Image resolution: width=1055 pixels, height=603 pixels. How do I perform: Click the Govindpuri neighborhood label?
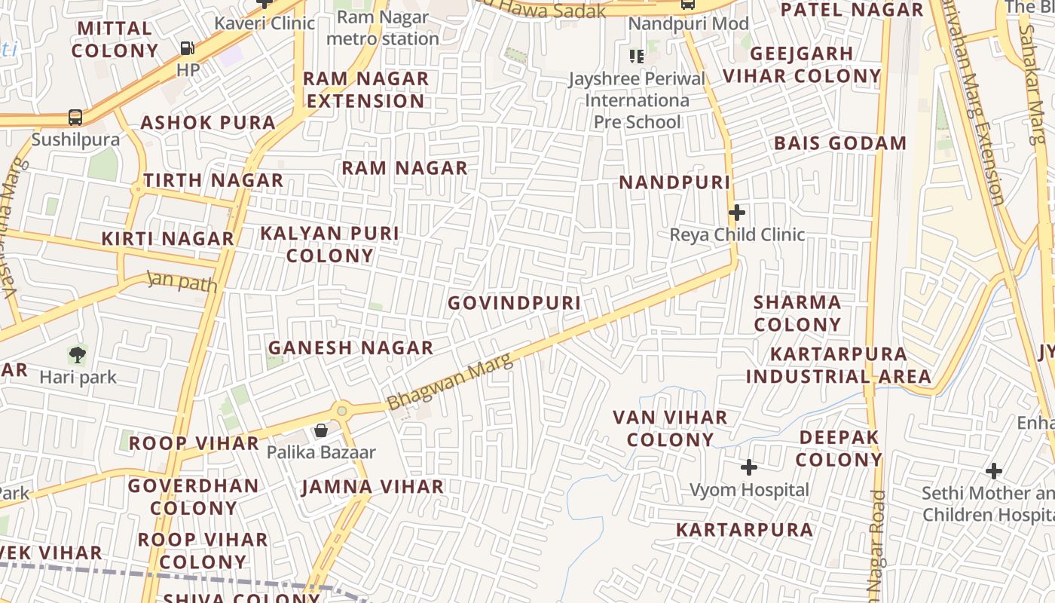[514, 303]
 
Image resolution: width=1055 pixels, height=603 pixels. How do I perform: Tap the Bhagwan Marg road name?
[451, 381]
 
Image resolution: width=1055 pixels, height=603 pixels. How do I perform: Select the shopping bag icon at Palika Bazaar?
[321, 430]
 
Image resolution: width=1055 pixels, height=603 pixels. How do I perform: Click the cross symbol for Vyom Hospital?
[748, 467]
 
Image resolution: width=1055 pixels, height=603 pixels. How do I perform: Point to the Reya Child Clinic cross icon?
[737, 213]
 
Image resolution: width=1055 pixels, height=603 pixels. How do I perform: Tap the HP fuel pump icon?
[187, 48]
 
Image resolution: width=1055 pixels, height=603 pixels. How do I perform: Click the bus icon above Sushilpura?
[75, 117]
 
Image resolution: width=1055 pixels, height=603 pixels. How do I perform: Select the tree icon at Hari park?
[77, 354]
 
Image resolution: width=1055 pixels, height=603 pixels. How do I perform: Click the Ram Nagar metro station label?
[382, 28]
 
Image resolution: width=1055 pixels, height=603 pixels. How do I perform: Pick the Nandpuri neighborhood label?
[674, 182]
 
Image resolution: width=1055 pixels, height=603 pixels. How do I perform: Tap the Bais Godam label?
[840, 143]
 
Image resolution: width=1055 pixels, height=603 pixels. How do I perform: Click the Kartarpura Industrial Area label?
[838, 365]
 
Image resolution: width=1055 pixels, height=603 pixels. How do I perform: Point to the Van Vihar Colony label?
[670, 428]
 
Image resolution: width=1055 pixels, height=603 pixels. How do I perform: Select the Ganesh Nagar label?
[350, 347]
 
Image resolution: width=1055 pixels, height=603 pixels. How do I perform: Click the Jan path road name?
[182, 282]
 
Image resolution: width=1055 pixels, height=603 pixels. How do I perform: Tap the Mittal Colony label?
[115, 40]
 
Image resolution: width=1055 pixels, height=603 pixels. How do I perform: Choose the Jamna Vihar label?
[372, 487]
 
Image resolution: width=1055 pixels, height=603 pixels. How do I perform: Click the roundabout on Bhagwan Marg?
[342, 411]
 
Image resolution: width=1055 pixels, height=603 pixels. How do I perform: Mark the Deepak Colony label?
[839, 448]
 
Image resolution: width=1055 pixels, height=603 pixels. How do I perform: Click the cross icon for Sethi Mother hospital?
[994, 471]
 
